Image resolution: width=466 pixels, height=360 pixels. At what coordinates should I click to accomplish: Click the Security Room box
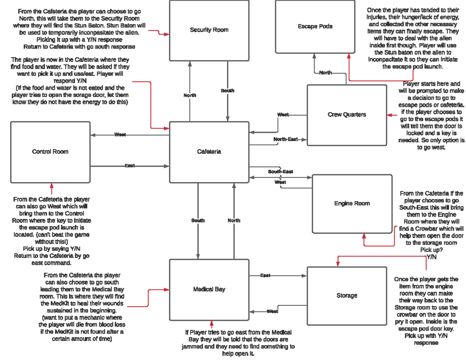click(209, 30)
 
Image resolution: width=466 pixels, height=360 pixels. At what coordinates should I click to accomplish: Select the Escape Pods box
click(315, 26)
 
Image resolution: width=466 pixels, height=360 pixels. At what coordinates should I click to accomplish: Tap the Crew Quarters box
click(346, 115)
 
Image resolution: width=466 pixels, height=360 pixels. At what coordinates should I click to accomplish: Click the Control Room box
click(50, 152)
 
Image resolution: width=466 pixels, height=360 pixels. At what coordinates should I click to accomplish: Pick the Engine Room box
click(352, 203)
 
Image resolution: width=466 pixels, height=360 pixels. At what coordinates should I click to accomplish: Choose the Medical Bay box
click(209, 289)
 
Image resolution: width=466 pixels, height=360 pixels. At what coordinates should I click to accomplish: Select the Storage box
click(346, 296)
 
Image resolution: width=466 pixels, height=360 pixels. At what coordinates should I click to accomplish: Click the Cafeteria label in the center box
click(209, 152)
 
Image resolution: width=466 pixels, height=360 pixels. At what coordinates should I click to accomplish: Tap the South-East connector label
click(280, 172)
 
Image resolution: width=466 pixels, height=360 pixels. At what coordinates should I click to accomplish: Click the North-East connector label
click(285, 139)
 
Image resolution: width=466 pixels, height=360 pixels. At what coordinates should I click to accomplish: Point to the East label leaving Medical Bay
click(265, 276)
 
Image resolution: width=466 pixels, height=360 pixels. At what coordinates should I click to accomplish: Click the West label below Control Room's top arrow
click(120, 135)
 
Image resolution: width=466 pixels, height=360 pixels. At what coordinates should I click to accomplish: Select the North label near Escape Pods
click(325, 73)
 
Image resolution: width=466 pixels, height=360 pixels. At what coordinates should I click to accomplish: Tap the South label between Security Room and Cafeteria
click(228, 90)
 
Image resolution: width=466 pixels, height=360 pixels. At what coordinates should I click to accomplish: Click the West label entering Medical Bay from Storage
click(272, 311)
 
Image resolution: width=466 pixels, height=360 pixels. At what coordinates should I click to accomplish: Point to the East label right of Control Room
click(130, 166)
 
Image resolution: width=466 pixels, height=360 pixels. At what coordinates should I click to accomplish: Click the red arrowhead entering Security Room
click(167, 34)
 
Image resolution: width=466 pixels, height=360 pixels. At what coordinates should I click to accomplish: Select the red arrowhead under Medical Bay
click(212, 323)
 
